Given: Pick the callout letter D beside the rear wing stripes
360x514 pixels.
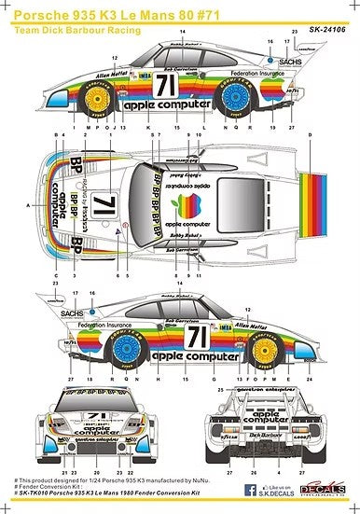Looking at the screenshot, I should pyautogui.click(x=338, y=135).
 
